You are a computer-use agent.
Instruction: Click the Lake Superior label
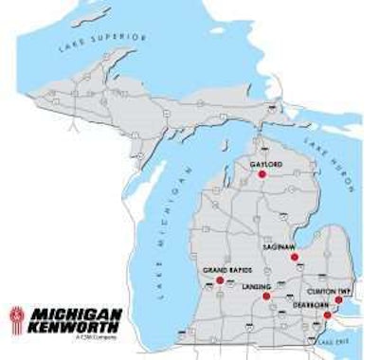[x=104, y=42]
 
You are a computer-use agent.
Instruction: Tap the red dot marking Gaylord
[x=262, y=174]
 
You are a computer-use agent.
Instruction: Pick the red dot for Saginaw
[x=295, y=257]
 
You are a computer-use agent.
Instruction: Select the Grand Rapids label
[x=227, y=271]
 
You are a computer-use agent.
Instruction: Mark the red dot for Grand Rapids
[x=220, y=281]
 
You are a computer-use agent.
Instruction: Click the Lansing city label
[x=257, y=286]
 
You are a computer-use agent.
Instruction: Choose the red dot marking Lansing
[x=267, y=297]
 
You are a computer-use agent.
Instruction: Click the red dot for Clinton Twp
[x=338, y=299]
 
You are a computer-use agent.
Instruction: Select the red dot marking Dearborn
[x=328, y=315]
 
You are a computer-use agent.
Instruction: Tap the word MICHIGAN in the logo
[x=76, y=314]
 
